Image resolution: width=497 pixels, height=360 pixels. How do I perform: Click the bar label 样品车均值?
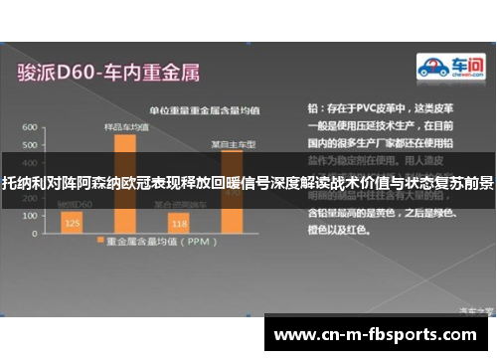pos(126,127)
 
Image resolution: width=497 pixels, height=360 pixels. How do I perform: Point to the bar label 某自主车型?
pos(233,143)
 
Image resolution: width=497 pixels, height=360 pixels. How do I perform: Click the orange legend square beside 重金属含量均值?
pos(99,241)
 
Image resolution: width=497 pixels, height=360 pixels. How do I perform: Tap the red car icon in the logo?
pos(430,68)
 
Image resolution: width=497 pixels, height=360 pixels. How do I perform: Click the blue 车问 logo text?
pos(462,65)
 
